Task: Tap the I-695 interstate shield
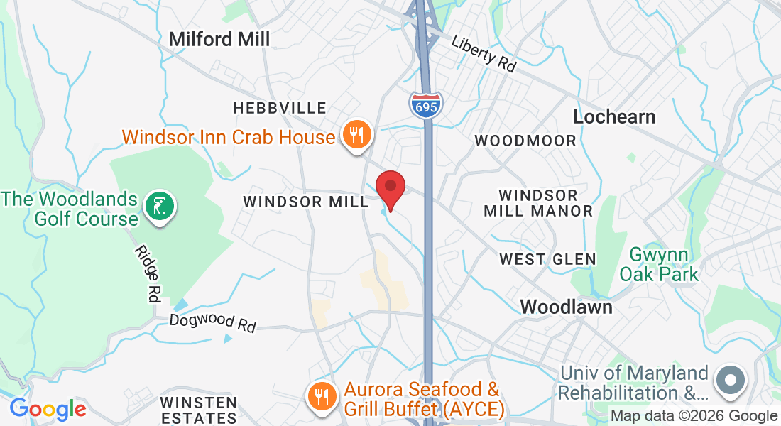pos(426,105)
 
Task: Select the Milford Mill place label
pos(219,39)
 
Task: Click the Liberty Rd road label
pos(484,53)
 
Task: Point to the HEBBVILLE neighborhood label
pos(280,108)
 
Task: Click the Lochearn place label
pos(614,116)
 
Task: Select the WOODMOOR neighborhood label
pos(525,141)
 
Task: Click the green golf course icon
pos(160,207)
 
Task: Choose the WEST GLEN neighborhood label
pos(547,259)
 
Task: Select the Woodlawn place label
pos(566,307)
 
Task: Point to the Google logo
pos(48,410)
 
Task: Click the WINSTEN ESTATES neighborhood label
pos(198,410)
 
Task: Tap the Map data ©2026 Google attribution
pos(694,416)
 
